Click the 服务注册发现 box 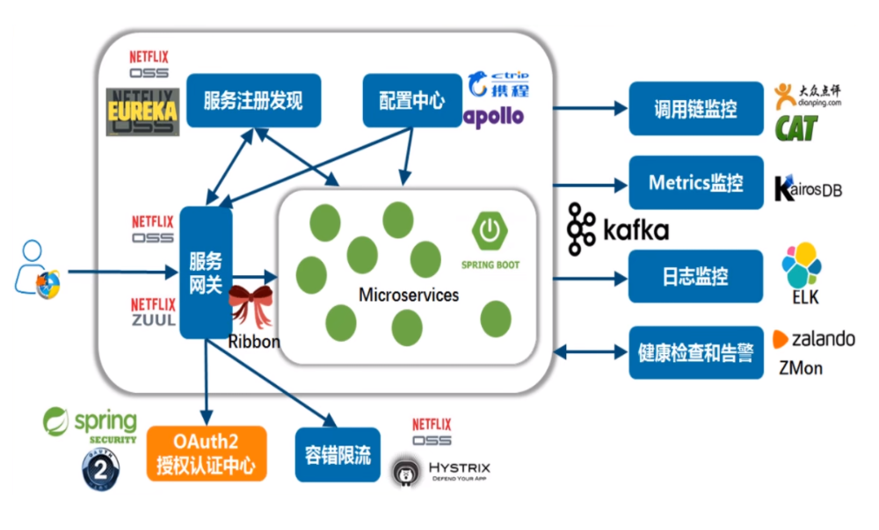(x=253, y=100)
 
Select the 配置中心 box (x=412, y=100)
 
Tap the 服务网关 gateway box (x=206, y=272)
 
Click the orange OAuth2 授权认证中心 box (x=206, y=454)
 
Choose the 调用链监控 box (x=695, y=109)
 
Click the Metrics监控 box (x=695, y=183)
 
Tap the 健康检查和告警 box (x=695, y=352)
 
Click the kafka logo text (x=635, y=231)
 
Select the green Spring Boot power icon (x=490, y=230)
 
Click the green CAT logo (x=795, y=128)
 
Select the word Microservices (x=409, y=295)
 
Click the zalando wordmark (x=823, y=338)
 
